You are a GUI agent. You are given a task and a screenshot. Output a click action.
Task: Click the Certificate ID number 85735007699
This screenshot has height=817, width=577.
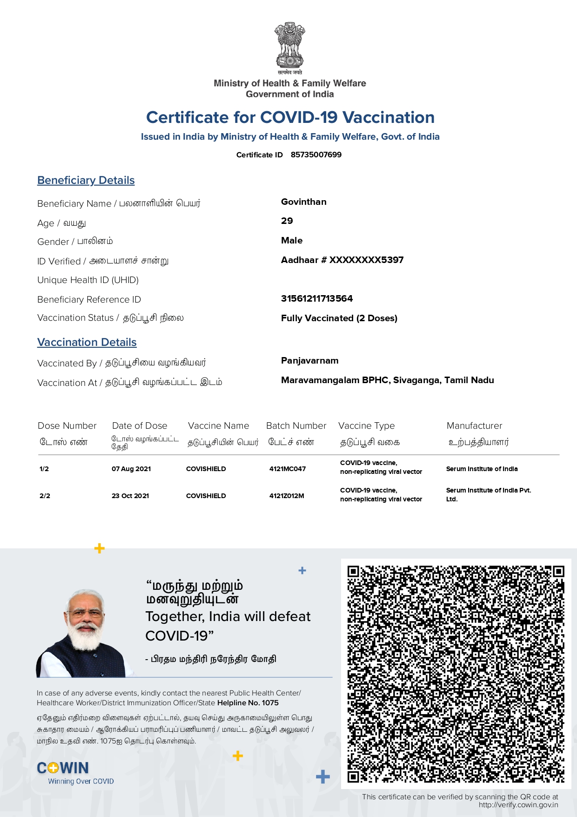pyautogui.click(x=316, y=155)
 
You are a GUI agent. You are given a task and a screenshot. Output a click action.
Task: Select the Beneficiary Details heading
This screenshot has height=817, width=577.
pyautogui.click(x=86, y=180)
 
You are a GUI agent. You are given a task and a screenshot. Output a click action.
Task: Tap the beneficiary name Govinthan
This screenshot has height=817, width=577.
pyautogui.click(x=304, y=202)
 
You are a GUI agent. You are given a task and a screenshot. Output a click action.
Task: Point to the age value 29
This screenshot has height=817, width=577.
pyautogui.click(x=287, y=221)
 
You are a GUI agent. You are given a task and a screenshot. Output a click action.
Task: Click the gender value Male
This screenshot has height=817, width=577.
pyautogui.click(x=292, y=240)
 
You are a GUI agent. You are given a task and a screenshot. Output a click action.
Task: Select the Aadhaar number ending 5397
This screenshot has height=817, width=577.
pyautogui.click(x=342, y=260)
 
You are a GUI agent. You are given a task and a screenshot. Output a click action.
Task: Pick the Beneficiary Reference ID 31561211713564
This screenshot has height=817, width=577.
pyautogui.click(x=317, y=298)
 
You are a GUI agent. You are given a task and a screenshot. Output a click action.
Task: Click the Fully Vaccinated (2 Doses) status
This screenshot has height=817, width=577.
pyautogui.click(x=339, y=318)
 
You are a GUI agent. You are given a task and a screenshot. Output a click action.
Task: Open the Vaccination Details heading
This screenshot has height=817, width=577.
pyautogui.click(x=87, y=342)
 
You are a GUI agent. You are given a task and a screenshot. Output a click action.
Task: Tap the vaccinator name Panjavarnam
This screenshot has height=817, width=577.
pyautogui.click(x=310, y=360)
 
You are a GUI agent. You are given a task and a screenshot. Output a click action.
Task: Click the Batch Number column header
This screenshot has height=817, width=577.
pyautogui.click(x=296, y=425)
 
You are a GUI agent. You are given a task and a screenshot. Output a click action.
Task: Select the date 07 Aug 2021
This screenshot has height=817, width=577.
pyautogui.click(x=131, y=469)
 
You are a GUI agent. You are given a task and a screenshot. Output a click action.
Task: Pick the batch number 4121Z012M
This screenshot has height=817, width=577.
pyautogui.click(x=287, y=496)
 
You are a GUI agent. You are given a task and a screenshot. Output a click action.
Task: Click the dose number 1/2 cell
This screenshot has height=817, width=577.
pyautogui.click(x=44, y=469)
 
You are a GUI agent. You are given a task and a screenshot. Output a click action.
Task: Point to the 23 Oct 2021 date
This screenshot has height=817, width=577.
pyautogui.click(x=130, y=496)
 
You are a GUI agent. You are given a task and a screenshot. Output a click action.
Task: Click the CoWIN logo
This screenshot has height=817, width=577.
pyautogui.click(x=63, y=768)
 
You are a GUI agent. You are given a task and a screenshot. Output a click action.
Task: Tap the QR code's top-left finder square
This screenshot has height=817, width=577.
pyautogui.click(x=354, y=571)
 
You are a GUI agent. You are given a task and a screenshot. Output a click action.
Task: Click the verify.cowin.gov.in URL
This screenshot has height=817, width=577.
pyautogui.click(x=518, y=805)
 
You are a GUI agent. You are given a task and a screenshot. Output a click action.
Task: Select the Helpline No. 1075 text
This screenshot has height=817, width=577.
pyautogui.click(x=248, y=703)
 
